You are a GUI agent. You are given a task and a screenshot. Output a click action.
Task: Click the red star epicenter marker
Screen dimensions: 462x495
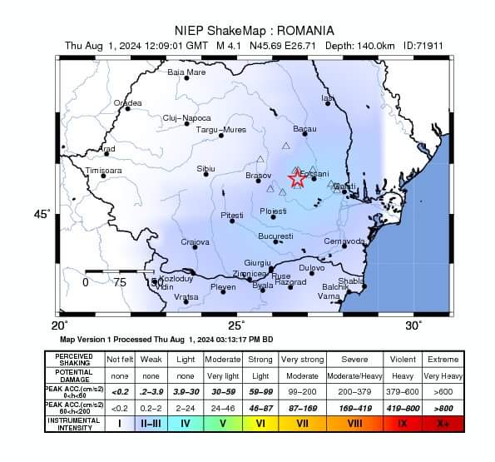point(297,178)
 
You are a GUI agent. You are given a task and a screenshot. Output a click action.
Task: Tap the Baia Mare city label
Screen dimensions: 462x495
point(186,72)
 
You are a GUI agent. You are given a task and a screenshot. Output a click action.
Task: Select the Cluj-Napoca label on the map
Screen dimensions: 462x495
point(186,118)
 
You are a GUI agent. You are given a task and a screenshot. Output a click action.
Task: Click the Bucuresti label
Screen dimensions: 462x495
point(275,236)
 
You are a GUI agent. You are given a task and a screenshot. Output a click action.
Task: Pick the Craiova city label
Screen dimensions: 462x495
point(195,242)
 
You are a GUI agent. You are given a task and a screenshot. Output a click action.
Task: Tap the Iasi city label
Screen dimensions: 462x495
point(327,98)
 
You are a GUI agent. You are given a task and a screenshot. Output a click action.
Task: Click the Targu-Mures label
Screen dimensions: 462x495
point(220,130)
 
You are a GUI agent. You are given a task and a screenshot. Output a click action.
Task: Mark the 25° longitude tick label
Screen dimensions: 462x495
point(237,325)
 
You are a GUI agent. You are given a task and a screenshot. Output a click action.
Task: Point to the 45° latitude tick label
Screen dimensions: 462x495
point(42,215)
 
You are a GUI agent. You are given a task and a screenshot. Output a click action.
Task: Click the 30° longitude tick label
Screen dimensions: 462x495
point(413,325)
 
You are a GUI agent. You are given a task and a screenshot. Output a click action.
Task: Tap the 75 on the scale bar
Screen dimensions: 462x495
point(120,282)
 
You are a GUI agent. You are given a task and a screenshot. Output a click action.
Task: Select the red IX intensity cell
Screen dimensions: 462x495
point(403,424)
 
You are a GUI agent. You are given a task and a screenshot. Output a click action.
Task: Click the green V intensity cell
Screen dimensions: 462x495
point(223,424)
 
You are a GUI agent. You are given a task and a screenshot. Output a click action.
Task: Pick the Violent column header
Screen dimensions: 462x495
point(403,359)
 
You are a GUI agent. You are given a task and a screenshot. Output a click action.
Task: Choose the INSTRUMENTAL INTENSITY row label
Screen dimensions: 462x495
point(74,424)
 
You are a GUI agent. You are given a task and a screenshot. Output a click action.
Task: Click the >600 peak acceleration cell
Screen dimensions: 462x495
point(442,390)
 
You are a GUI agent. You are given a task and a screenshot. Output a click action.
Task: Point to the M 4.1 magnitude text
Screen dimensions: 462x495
point(231,45)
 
